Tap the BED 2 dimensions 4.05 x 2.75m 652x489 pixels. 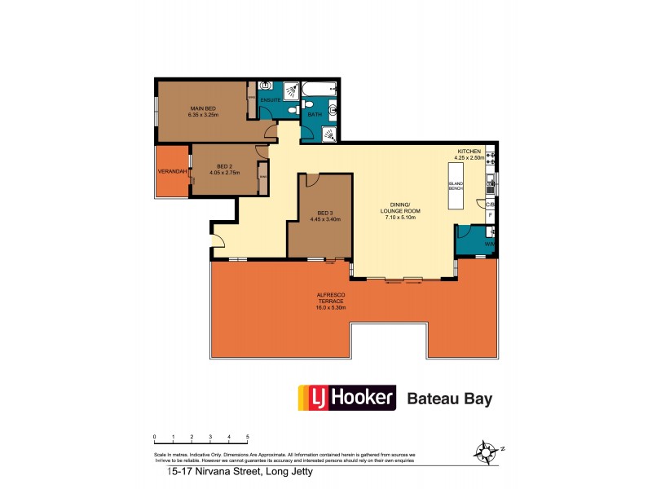(x=226, y=173)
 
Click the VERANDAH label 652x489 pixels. (x=174, y=171)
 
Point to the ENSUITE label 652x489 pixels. (x=271, y=100)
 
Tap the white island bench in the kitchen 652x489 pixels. (x=455, y=187)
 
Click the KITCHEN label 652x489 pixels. (x=470, y=152)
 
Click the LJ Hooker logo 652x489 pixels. (x=347, y=399)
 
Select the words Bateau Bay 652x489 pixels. (x=450, y=399)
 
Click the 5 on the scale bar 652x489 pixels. (x=248, y=438)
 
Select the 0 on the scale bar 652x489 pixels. (x=155, y=438)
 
